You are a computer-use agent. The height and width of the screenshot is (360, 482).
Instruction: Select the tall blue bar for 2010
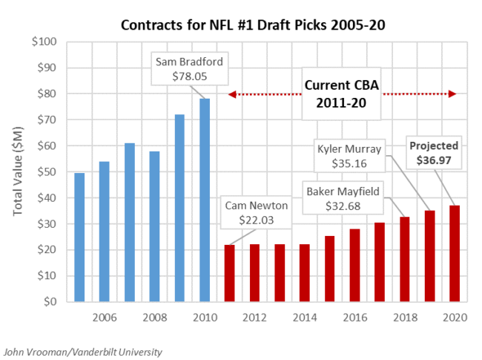pos(205,200)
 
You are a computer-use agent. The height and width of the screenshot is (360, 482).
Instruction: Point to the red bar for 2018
pos(405,259)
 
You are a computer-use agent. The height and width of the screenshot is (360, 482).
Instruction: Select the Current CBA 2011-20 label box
pos(342,94)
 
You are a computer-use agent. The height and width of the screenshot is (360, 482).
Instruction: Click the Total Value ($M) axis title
pos(19,171)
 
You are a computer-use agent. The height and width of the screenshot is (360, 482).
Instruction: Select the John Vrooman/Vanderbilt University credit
pos(83,351)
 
